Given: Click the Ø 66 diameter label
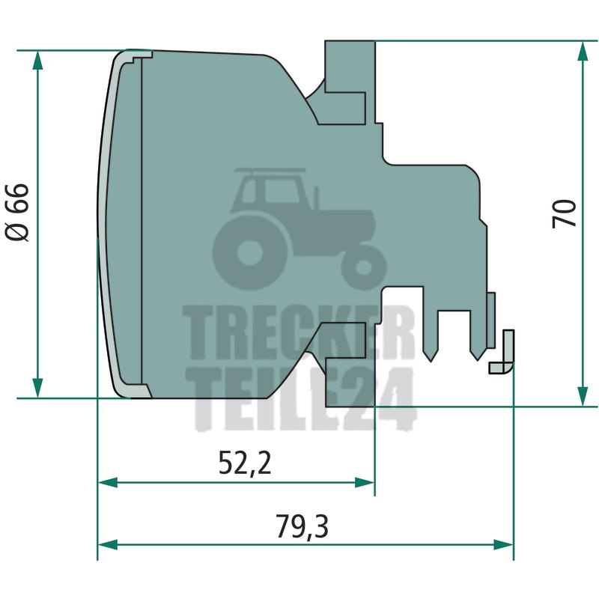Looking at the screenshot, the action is click(17, 213).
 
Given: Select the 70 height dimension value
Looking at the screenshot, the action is click(564, 214).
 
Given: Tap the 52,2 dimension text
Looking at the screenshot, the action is click(245, 463).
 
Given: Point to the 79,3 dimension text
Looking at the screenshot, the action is click(302, 527).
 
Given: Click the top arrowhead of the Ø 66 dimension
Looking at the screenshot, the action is click(37, 61).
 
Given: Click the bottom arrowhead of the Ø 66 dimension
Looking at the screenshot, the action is click(37, 388).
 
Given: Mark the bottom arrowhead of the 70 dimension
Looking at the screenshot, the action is click(583, 397).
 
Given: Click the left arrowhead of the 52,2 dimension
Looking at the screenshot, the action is click(108, 482).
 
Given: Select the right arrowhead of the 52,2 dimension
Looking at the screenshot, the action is click(365, 482).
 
